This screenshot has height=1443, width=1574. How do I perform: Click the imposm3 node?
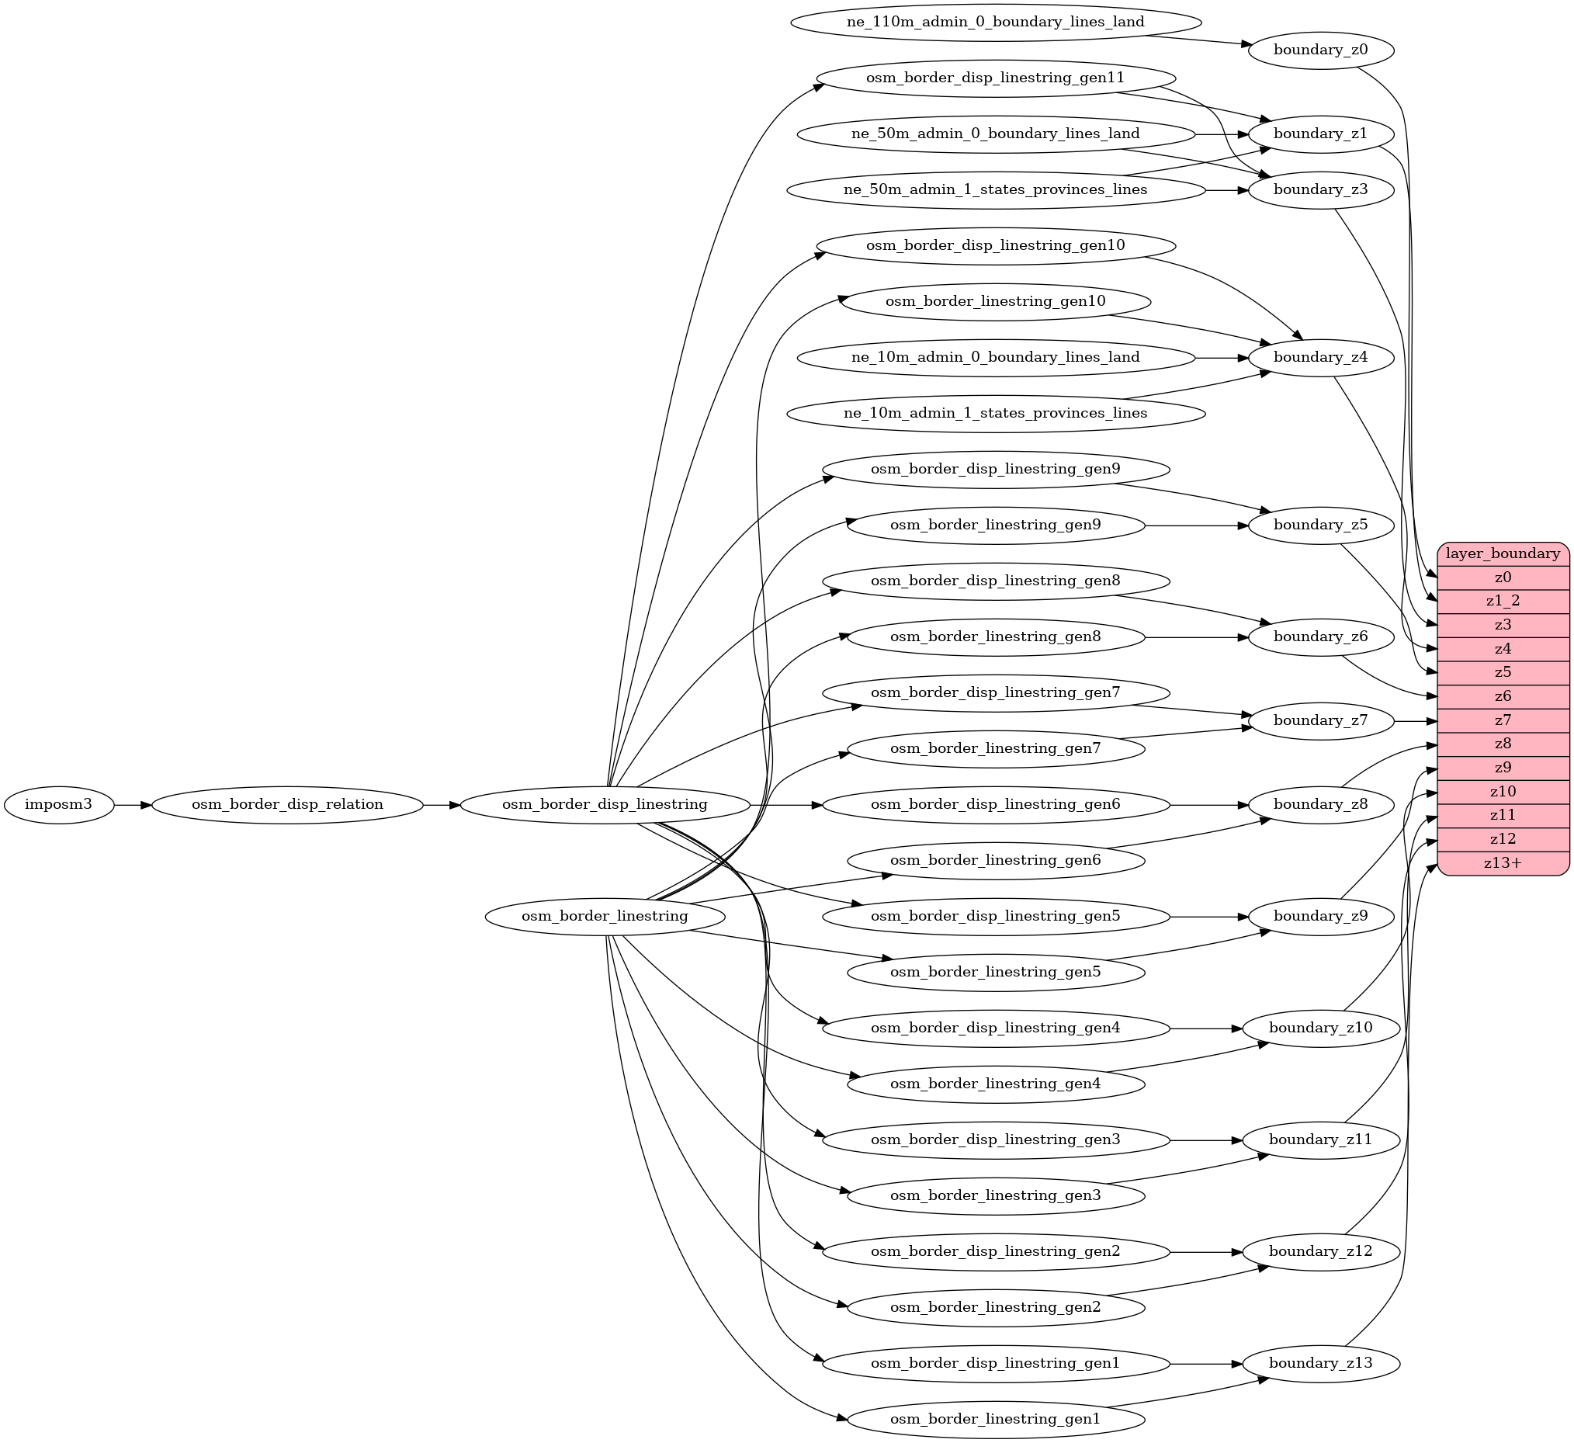(58, 804)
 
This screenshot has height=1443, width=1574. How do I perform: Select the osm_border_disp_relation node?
(287, 804)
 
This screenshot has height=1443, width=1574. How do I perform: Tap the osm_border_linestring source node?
(605, 916)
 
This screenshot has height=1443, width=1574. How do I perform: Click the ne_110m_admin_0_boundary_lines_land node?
(996, 22)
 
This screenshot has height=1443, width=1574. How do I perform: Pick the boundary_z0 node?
(1321, 50)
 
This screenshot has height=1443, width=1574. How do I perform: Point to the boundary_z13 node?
(1321, 1363)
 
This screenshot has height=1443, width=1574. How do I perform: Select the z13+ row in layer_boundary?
(1503, 863)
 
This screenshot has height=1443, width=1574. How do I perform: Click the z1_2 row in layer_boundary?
(1503, 601)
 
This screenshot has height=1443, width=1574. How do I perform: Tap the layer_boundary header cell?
(1503, 553)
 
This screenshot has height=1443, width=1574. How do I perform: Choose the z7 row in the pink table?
(1503, 720)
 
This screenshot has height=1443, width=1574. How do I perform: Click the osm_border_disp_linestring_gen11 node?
(996, 78)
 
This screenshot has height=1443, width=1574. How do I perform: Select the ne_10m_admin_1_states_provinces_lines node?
(996, 413)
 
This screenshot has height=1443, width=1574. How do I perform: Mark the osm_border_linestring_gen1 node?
(996, 1419)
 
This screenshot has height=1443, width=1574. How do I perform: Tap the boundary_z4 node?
(1321, 358)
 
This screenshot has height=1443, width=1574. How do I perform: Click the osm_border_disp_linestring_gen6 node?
(996, 804)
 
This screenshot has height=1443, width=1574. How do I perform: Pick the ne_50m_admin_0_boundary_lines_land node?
(996, 134)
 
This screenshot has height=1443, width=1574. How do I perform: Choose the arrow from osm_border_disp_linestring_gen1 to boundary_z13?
(1206, 1363)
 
